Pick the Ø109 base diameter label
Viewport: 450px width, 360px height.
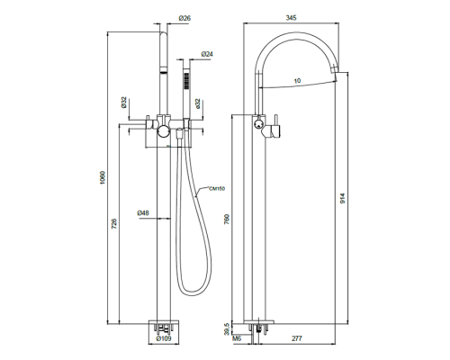click(164, 339)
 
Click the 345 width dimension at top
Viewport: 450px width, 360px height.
click(291, 19)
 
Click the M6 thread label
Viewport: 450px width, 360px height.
click(237, 340)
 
